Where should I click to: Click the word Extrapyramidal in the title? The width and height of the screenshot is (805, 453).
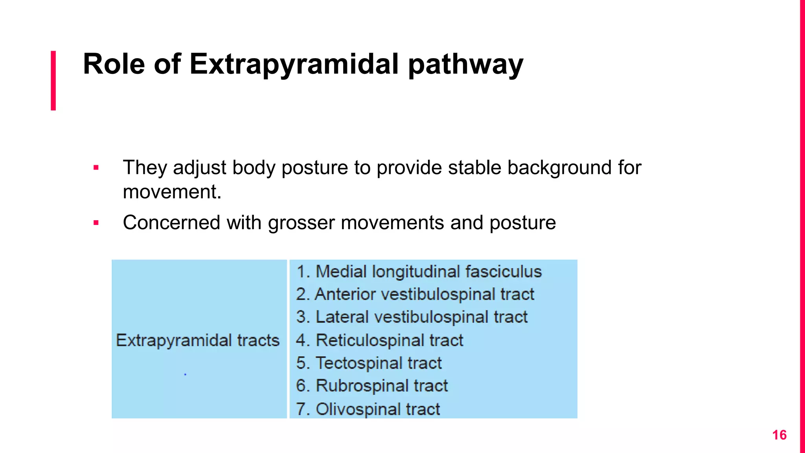pyautogui.click(x=294, y=64)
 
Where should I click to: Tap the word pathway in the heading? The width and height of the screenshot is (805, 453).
pyautogui.click(x=465, y=64)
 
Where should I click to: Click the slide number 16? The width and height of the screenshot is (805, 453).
pyautogui.click(x=779, y=435)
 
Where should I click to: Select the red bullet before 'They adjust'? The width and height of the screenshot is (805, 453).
pyautogui.click(x=96, y=168)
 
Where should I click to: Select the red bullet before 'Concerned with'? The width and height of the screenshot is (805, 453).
pyautogui.click(x=96, y=223)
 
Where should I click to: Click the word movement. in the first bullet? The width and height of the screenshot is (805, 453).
pyautogui.click(x=172, y=192)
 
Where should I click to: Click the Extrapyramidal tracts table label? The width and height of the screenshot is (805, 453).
pyautogui.click(x=198, y=340)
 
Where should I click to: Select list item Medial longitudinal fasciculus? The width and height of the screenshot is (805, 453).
pyautogui.click(x=419, y=272)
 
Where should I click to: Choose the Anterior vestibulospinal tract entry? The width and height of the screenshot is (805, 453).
pyautogui.click(x=415, y=294)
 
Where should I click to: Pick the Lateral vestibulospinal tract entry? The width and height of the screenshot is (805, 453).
pyautogui.click(x=412, y=317)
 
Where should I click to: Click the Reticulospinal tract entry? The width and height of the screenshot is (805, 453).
pyautogui.click(x=380, y=340)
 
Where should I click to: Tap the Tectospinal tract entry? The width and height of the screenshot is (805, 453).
pyautogui.click(x=369, y=363)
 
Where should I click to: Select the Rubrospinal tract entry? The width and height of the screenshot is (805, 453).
pyautogui.click(x=372, y=386)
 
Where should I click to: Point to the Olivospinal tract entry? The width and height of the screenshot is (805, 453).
pyautogui.click(x=368, y=409)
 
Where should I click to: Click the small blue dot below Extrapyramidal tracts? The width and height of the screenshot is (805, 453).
pyautogui.click(x=185, y=374)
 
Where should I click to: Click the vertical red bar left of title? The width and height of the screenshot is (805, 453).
pyautogui.click(x=53, y=80)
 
